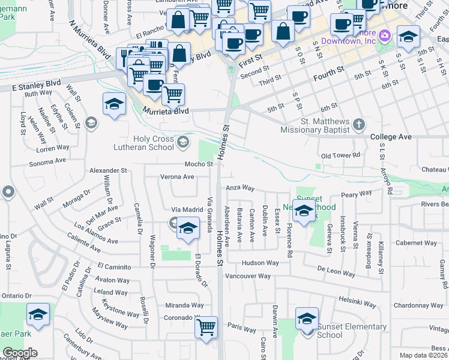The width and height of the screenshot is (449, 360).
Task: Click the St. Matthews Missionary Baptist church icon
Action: click(358, 125)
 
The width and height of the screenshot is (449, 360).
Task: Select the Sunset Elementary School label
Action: click(351, 331)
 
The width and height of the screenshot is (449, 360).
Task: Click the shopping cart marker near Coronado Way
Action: click(206, 328)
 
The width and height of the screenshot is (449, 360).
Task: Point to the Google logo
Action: click(20, 353)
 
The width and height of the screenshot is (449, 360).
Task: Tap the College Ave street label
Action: click(391, 137)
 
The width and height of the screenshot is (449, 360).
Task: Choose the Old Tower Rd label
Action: click(340, 155)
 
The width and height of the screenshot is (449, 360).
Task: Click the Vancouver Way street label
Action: click(248, 276)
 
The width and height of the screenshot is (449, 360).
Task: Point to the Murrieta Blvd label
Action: click(166, 111)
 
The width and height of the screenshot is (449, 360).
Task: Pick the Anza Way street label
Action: click(240, 188)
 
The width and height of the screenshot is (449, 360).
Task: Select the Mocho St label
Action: click(199, 164)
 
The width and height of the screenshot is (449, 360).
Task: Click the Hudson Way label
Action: click(260, 263)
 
